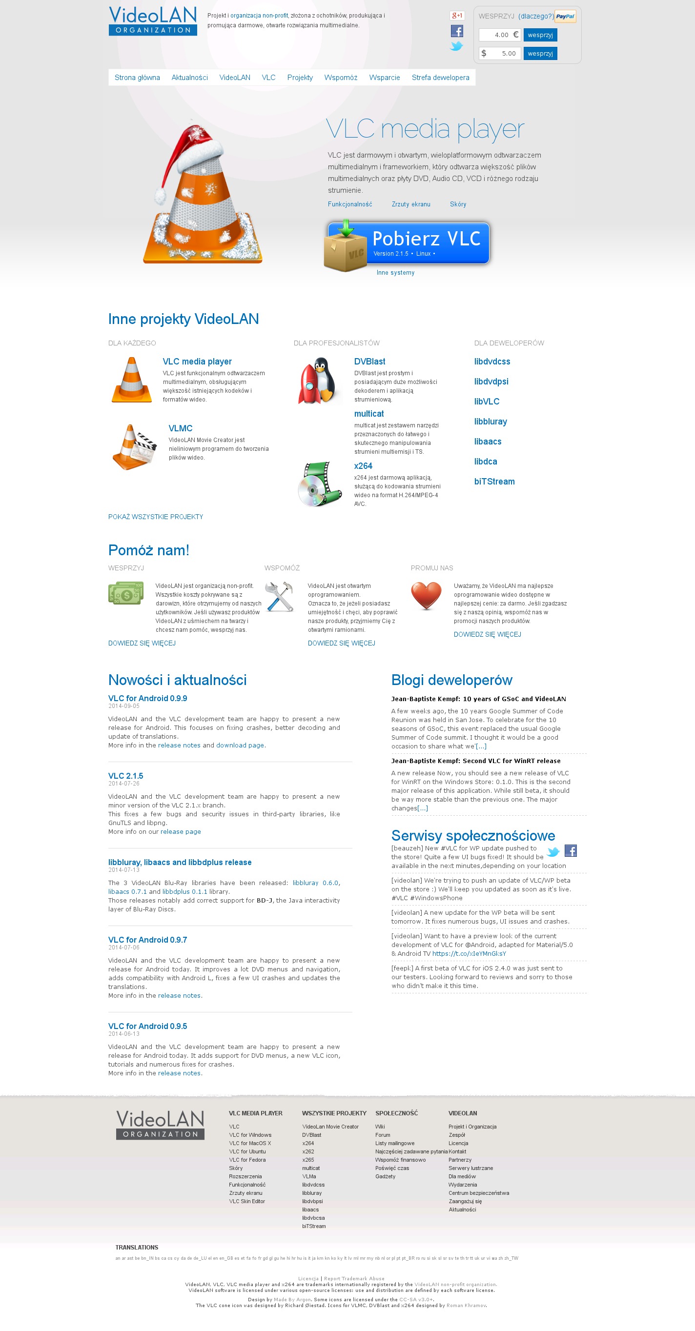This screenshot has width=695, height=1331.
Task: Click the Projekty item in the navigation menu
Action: click(x=300, y=78)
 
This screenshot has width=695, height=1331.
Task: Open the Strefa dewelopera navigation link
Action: click(x=440, y=78)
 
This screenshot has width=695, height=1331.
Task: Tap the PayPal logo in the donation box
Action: click(x=565, y=17)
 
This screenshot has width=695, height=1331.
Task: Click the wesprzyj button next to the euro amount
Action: click(x=540, y=35)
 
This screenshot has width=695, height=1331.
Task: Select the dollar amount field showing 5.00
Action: click(x=500, y=53)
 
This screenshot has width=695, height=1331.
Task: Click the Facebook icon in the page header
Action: click(x=457, y=32)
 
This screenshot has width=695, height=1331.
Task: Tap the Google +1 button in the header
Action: click(x=457, y=16)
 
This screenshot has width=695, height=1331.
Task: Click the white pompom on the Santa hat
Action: click(x=161, y=196)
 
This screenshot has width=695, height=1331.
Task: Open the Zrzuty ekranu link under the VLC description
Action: click(x=411, y=204)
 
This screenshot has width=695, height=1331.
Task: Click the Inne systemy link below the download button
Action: click(x=395, y=273)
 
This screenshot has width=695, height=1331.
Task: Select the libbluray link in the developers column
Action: click(x=491, y=422)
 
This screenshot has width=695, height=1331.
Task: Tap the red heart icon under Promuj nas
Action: click(x=426, y=595)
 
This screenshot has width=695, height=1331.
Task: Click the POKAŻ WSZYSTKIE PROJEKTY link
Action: click(x=156, y=517)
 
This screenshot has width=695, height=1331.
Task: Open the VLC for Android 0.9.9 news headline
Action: click(x=148, y=699)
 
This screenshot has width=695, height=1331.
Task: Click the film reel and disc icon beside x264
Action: click(x=319, y=484)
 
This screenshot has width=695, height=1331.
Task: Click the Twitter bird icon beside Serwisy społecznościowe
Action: click(x=553, y=851)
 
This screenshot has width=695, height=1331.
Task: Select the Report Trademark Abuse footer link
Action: click(x=354, y=1279)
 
